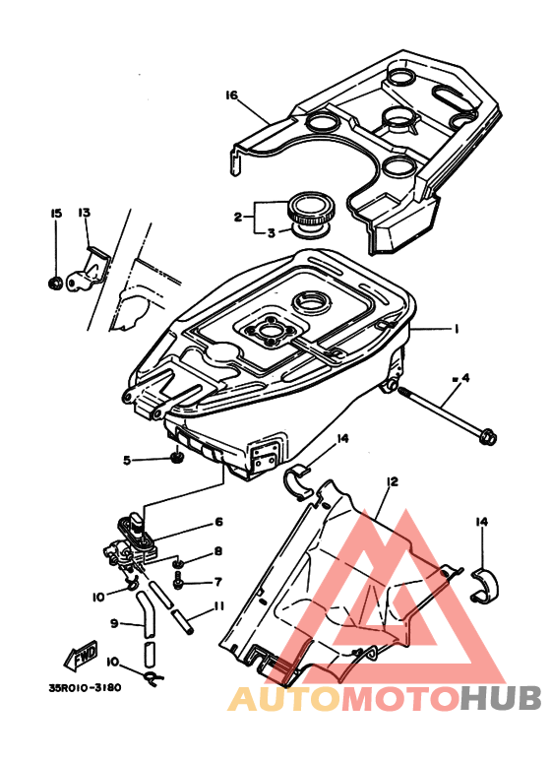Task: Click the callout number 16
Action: [232, 95]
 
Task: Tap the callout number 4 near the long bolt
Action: [464, 377]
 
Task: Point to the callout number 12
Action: [392, 481]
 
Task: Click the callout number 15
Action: [56, 214]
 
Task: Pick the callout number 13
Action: [85, 214]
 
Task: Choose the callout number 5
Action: [127, 460]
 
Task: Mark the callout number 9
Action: [114, 623]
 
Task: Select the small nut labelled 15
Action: [56, 285]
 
